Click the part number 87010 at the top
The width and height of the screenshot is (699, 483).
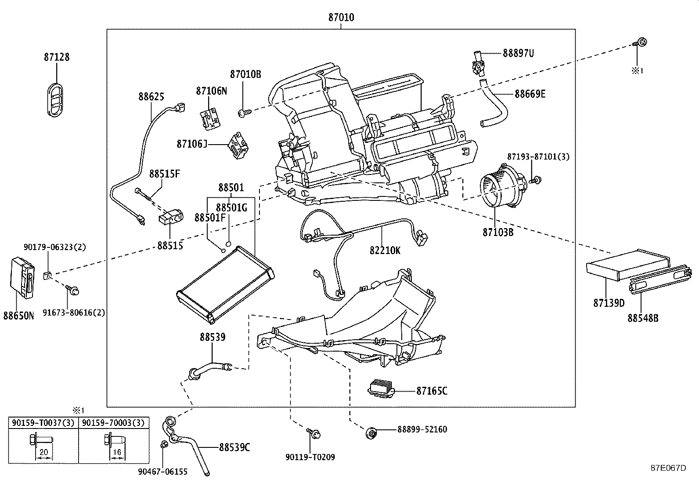[341, 17]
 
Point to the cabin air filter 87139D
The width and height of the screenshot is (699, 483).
[628, 265]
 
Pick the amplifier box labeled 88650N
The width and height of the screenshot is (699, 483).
[22, 278]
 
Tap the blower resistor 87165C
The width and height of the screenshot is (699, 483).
[381, 389]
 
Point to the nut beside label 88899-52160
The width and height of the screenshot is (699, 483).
[371, 433]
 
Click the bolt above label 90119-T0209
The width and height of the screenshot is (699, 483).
[314, 433]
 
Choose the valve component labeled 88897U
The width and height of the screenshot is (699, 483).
[479, 63]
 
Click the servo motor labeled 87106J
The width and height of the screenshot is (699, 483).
[239, 145]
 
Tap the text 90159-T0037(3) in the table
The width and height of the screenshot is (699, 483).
[43, 423]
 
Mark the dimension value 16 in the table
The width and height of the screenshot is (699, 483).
[117, 452]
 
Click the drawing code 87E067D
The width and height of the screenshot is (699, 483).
[668, 468]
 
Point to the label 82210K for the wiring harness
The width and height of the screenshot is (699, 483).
[385, 250]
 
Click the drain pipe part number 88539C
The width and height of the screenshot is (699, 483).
[234, 447]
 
